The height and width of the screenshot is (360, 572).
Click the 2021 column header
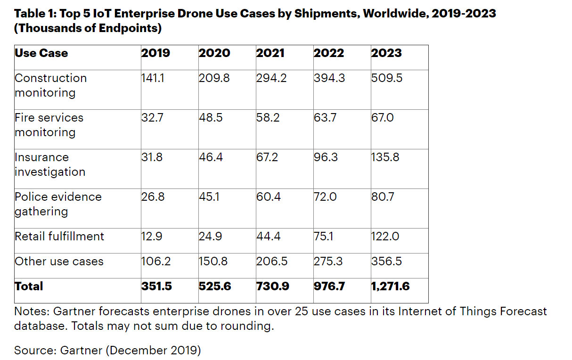[x=270, y=53]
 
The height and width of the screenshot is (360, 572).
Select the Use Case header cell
[x=41, y=53]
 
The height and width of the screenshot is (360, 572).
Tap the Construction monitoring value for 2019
[x=152, y=78]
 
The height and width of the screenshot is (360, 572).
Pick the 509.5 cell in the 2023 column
[x=387, y=78]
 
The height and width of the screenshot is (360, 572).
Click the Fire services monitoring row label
[x=49, y=125]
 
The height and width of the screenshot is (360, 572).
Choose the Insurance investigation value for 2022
[x=326, y=157]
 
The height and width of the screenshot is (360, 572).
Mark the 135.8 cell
[x=385, y=157]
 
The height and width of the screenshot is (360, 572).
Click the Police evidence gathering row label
[x=58, y=204]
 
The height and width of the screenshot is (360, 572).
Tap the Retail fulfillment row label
[x=59, y=237]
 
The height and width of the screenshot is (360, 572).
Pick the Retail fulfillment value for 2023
[x=385, y=237]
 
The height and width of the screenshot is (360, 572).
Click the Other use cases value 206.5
[x=272, y=262]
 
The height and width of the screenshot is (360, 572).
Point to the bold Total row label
[x=29, y=286]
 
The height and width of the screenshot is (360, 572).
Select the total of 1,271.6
[x=391, y=286]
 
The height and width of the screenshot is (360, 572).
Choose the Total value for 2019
[x=156, y=286]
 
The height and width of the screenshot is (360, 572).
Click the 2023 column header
[x=386, y=53]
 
